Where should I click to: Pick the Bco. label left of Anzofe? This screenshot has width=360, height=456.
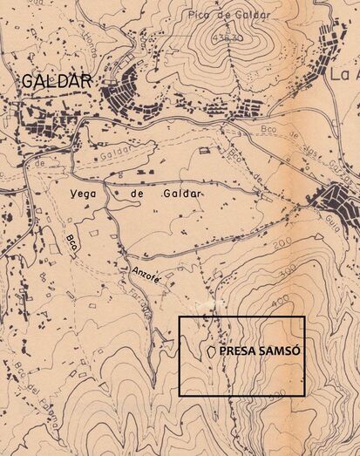(71, 242)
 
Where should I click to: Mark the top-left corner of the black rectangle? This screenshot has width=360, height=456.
(180, 316)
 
